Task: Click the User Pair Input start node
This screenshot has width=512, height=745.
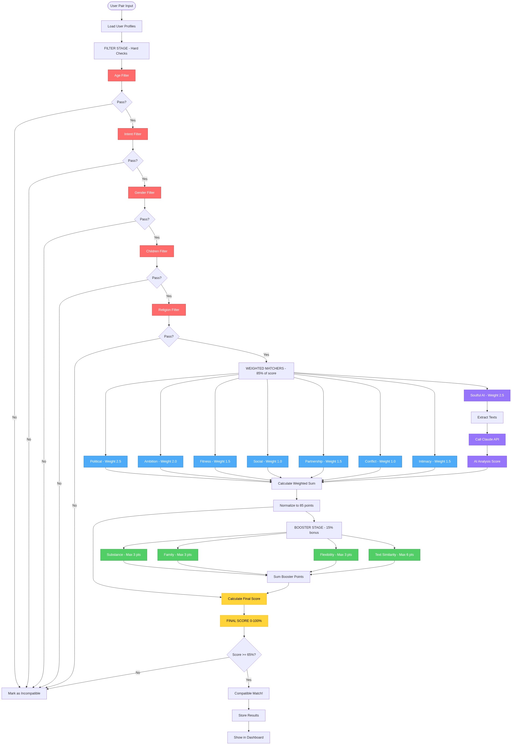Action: [122, 6]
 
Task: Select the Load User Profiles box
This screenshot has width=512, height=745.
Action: [122, 26]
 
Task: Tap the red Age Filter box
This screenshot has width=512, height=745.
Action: [122, 75]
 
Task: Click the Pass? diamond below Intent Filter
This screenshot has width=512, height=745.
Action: [133, 161]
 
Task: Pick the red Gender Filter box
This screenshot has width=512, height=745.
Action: [145, 193]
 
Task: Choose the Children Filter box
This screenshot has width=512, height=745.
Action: [157, 251]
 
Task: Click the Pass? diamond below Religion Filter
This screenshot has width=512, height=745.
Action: [169, 336]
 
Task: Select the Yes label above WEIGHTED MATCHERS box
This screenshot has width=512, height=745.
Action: [266, 354]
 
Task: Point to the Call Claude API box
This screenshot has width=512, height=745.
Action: [487, 439]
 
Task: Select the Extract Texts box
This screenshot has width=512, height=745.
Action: [487, 417]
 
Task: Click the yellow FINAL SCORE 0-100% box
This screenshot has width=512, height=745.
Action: [244, 621]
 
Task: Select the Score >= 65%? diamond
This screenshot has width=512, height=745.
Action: [244, 655]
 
